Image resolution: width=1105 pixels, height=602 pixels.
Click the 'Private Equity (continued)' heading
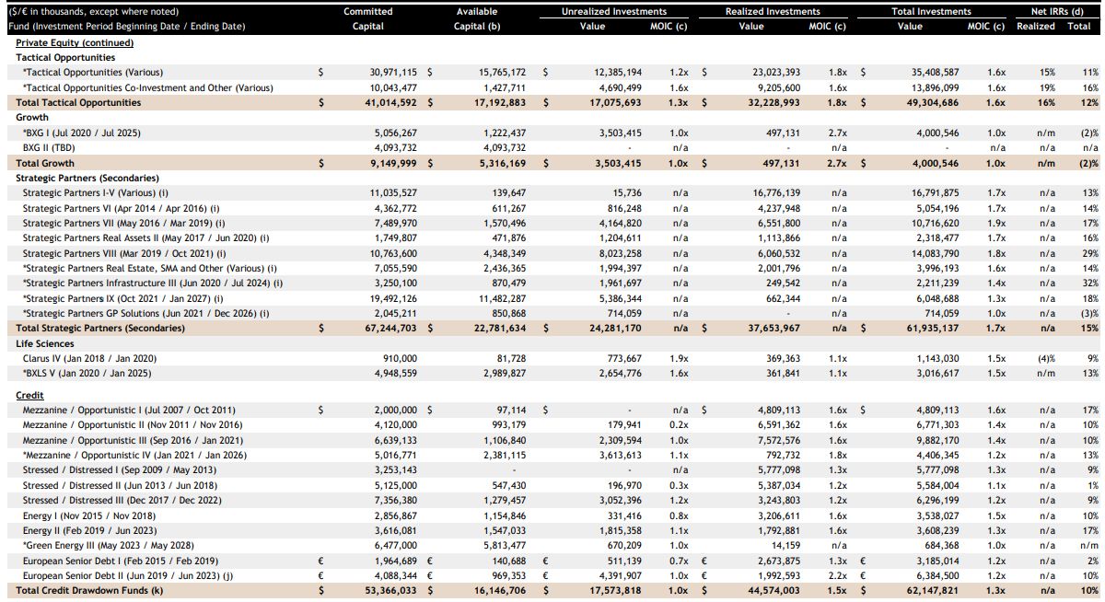coord(75,43)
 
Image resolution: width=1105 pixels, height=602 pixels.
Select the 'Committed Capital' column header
coord(368,18)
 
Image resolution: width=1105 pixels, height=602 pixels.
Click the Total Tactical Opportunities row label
coord(78,102)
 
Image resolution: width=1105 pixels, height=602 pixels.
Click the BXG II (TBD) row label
coord(49,147)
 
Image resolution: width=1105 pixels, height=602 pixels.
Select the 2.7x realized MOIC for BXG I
coord(838,133)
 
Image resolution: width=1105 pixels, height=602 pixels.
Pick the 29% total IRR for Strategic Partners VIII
coord(1090,253)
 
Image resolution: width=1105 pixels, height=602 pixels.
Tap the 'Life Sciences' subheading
coord(45,343)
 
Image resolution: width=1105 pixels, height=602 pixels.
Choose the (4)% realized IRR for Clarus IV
coord(1046,358)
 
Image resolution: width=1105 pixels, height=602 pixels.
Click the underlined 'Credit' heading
coord(29,395)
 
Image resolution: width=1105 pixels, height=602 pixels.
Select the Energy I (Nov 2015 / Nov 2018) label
coord(89,515)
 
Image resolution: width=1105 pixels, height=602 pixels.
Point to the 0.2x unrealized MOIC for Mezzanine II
coord(679,424)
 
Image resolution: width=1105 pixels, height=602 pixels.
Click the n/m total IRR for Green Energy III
coord(1089,545)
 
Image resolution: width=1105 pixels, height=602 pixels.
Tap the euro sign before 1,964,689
coord(320,561)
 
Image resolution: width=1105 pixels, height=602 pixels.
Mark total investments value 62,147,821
coord(933,590)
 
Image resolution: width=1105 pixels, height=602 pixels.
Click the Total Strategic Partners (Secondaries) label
coord(100,328)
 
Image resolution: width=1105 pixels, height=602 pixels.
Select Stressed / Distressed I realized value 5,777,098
coord(779,469)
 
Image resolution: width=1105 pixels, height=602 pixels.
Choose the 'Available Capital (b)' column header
coord(477,18)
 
